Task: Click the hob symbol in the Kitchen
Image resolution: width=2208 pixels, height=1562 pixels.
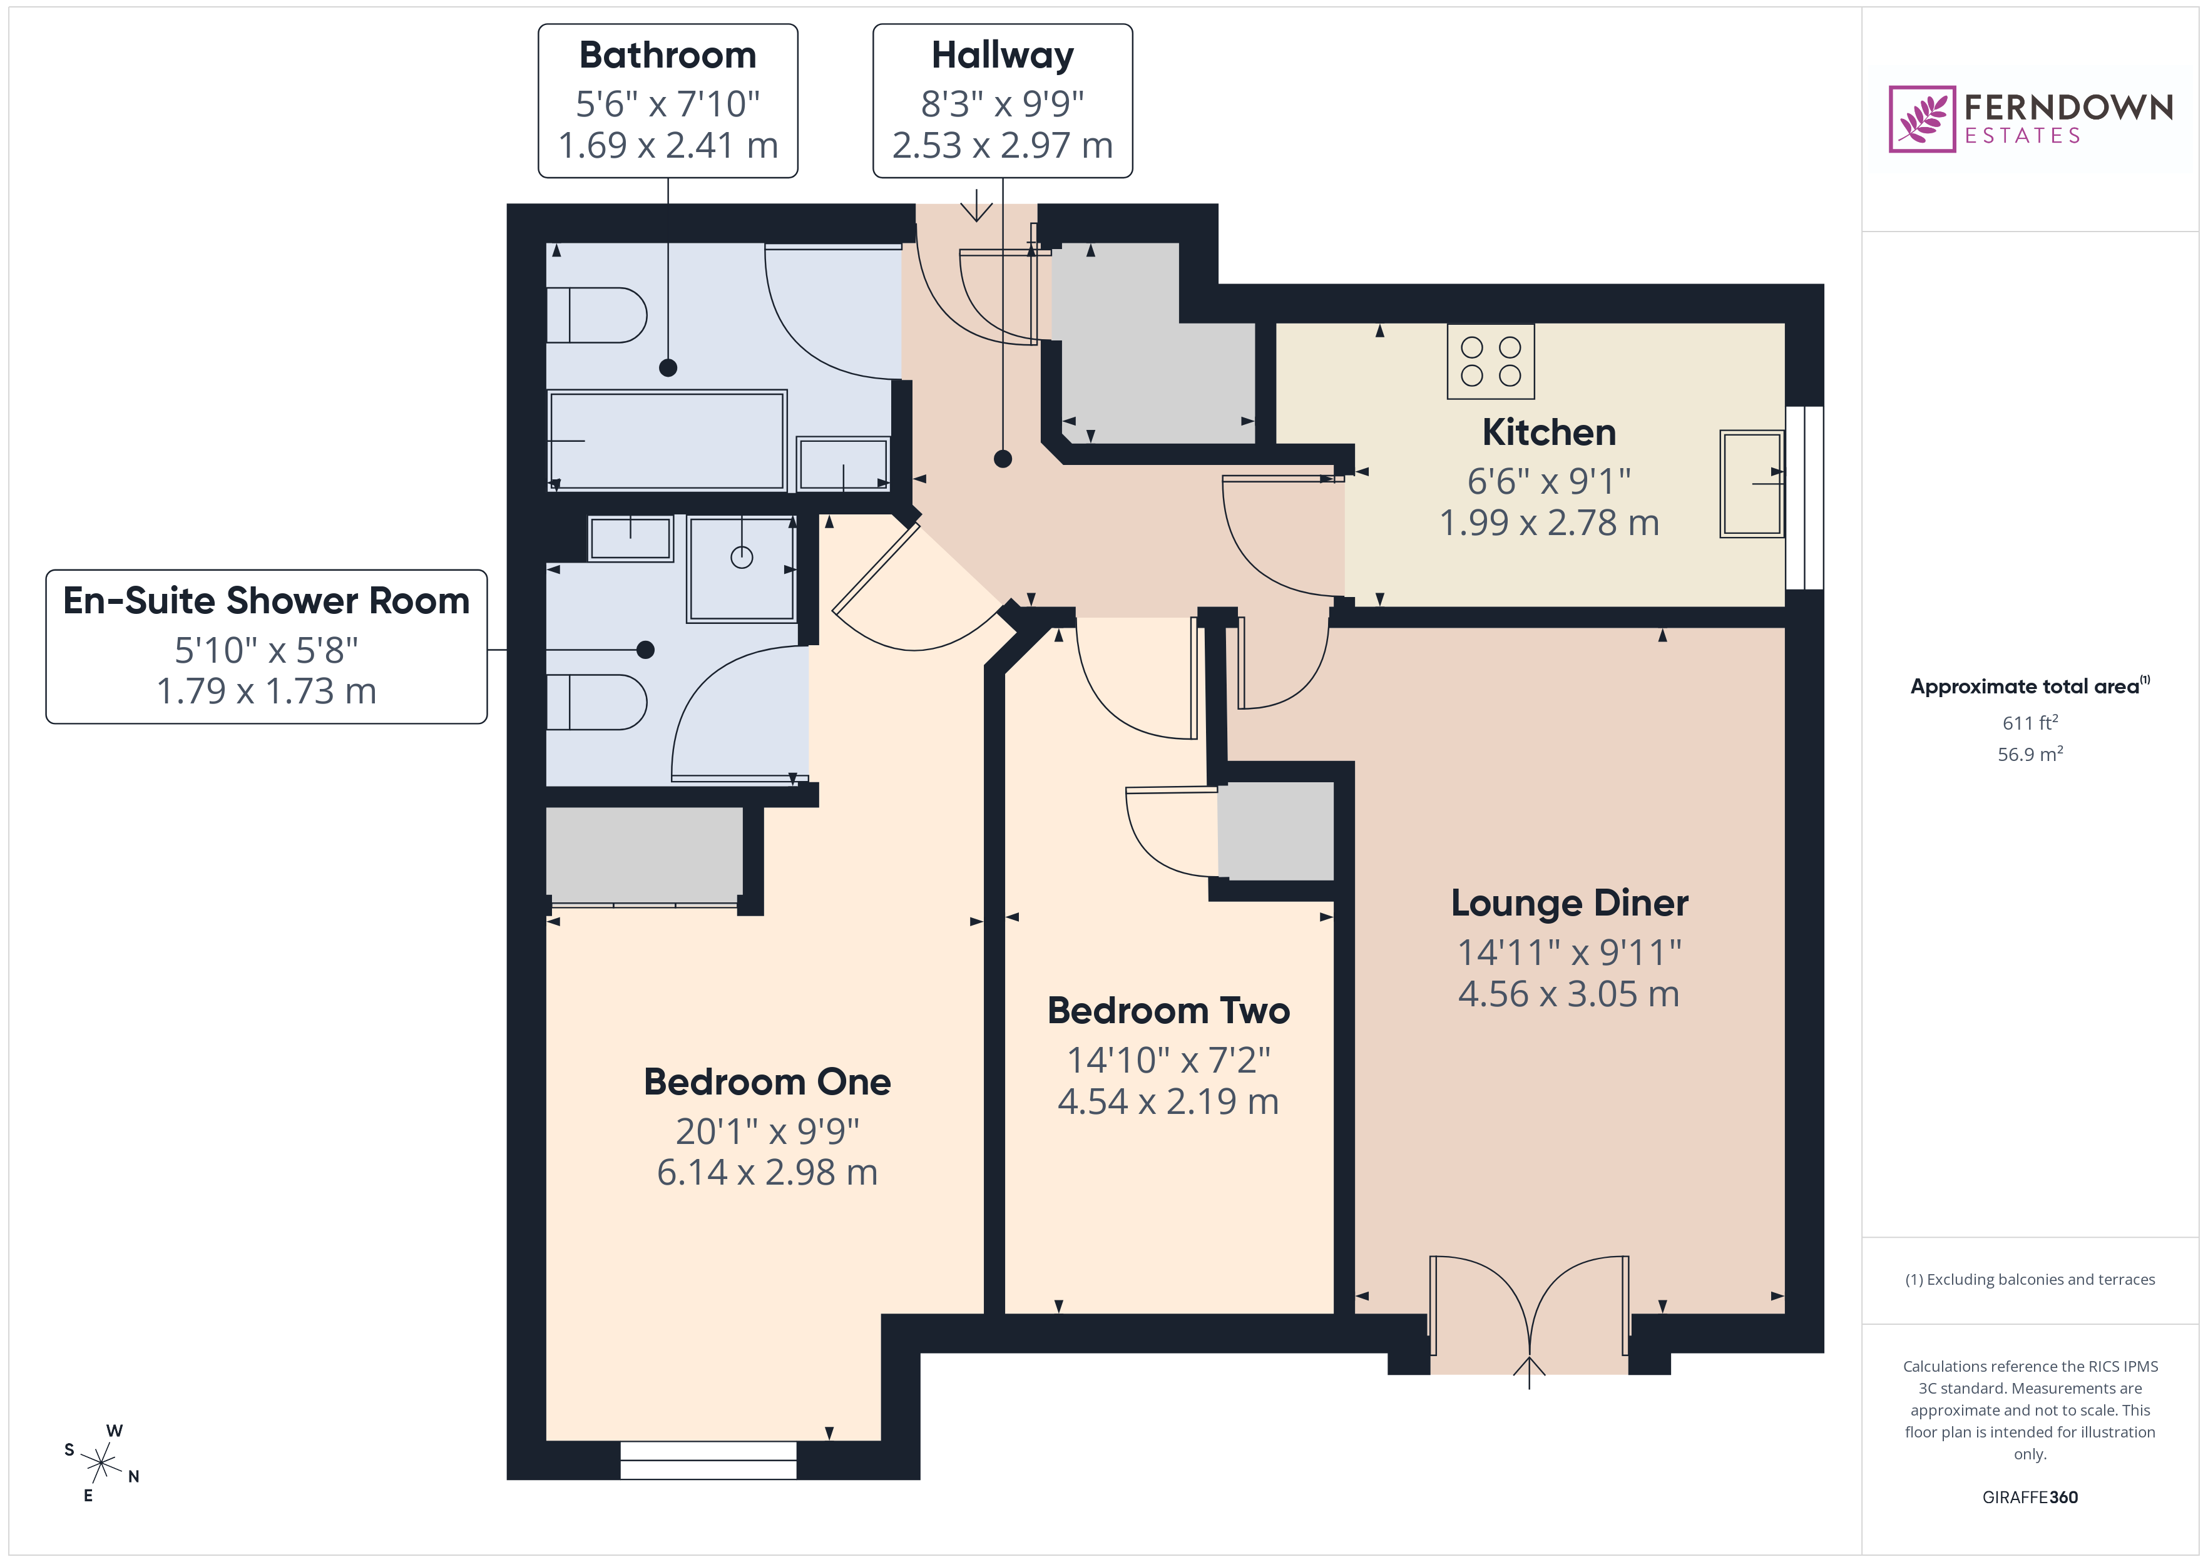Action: point(1491,362)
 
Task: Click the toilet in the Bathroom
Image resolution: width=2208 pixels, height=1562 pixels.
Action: point(596,315)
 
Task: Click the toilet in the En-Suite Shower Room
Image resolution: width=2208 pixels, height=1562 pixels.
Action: point(596,702)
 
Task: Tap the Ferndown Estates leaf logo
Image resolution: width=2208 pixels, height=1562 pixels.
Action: point(1921,120)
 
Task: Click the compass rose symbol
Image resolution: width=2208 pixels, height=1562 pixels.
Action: point(101,1464)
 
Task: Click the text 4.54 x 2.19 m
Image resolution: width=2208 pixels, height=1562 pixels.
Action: point(1168,1102)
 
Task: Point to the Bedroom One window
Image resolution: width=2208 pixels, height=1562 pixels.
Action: point(708,1460)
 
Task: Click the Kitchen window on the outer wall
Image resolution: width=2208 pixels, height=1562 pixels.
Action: point(1804,498)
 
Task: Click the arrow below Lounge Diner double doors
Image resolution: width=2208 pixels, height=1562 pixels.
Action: point(1529,1371)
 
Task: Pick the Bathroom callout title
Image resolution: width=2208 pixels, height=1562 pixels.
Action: point(667,56)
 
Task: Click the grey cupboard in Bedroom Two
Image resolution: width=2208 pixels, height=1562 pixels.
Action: point(1275,831)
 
